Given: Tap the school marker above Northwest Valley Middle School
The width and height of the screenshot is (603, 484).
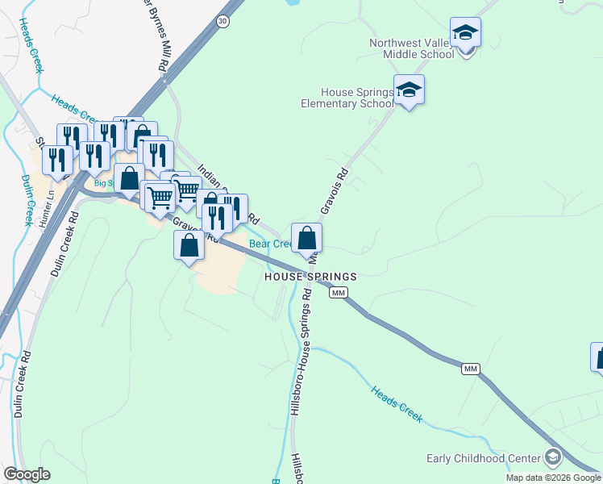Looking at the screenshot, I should point(465,34).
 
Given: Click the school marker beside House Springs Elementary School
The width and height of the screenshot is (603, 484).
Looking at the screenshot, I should point(409,90).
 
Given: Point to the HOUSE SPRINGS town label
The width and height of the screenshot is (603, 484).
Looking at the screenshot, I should point(311,276).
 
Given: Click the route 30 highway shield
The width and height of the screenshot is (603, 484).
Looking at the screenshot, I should point(222,21).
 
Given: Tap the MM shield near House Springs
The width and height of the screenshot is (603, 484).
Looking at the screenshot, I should point(339,292).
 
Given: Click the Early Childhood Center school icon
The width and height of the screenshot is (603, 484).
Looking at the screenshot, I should point(552,458).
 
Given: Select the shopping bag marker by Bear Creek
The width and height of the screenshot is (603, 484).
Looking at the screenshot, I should point(306,239).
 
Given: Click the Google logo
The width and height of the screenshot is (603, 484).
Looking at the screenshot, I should point(27,474).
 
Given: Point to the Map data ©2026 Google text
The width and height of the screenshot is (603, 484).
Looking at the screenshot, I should point(553,478).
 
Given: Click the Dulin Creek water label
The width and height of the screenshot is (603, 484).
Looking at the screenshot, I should point(27,201).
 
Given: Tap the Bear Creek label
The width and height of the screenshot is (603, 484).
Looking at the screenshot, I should point(270,244).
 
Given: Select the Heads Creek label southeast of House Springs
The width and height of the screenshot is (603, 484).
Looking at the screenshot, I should point(397,404).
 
